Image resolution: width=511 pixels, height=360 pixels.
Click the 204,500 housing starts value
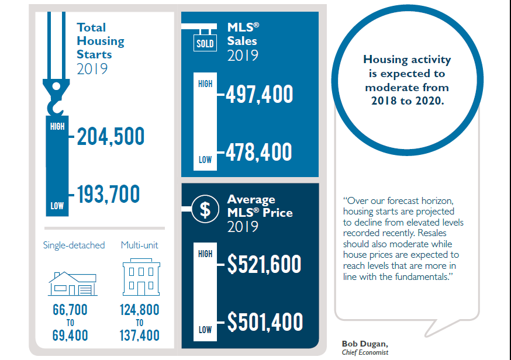[110, 137]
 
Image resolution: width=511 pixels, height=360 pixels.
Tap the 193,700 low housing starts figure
[109, 193]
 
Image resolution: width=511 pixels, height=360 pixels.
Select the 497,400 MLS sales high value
[259, 95]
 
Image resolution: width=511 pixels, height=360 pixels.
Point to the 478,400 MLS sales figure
[259, 152]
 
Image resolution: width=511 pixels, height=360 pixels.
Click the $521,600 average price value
[264, 265]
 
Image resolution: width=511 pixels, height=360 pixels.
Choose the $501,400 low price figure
[265, 322]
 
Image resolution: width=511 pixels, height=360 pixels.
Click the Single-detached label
[74, 245]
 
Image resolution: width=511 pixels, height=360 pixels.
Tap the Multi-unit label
[140, 245]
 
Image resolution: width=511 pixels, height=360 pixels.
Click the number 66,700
[70, 310]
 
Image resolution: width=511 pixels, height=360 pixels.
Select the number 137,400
[140, 335]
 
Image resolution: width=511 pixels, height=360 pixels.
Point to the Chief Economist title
[365, 352]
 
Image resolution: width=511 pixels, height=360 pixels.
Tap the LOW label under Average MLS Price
[205, 330]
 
